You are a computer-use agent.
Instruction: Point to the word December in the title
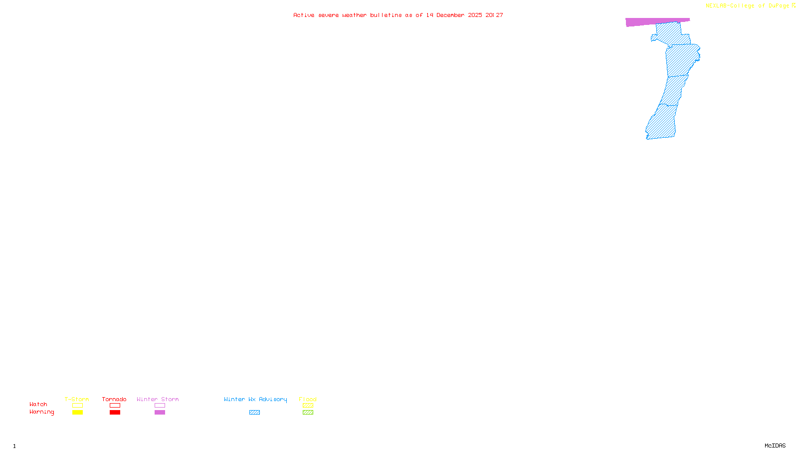(x=450, y=15)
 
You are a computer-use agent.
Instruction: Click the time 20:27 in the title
(x=494, y=15)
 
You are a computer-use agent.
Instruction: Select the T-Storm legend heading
(x=77, y=399)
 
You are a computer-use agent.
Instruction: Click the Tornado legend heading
(x=114, y=399)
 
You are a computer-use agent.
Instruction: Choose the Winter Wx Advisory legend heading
(x=255, y=399)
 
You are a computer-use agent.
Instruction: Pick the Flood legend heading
(x=308, y=399)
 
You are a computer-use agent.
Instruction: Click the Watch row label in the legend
(x=38, y=404)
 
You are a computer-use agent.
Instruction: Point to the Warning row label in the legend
(x=42, y=412)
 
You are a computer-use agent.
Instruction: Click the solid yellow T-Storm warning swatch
(x=77, y=413)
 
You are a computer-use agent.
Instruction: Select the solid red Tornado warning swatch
(x=115, y=413)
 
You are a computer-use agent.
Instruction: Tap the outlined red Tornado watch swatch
(x=115, y=406)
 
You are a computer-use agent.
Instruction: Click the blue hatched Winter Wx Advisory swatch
(x=254, y=413)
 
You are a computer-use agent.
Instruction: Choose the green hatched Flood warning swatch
(x=308, y=413)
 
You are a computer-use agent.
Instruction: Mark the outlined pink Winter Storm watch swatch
(x=160, y=406)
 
